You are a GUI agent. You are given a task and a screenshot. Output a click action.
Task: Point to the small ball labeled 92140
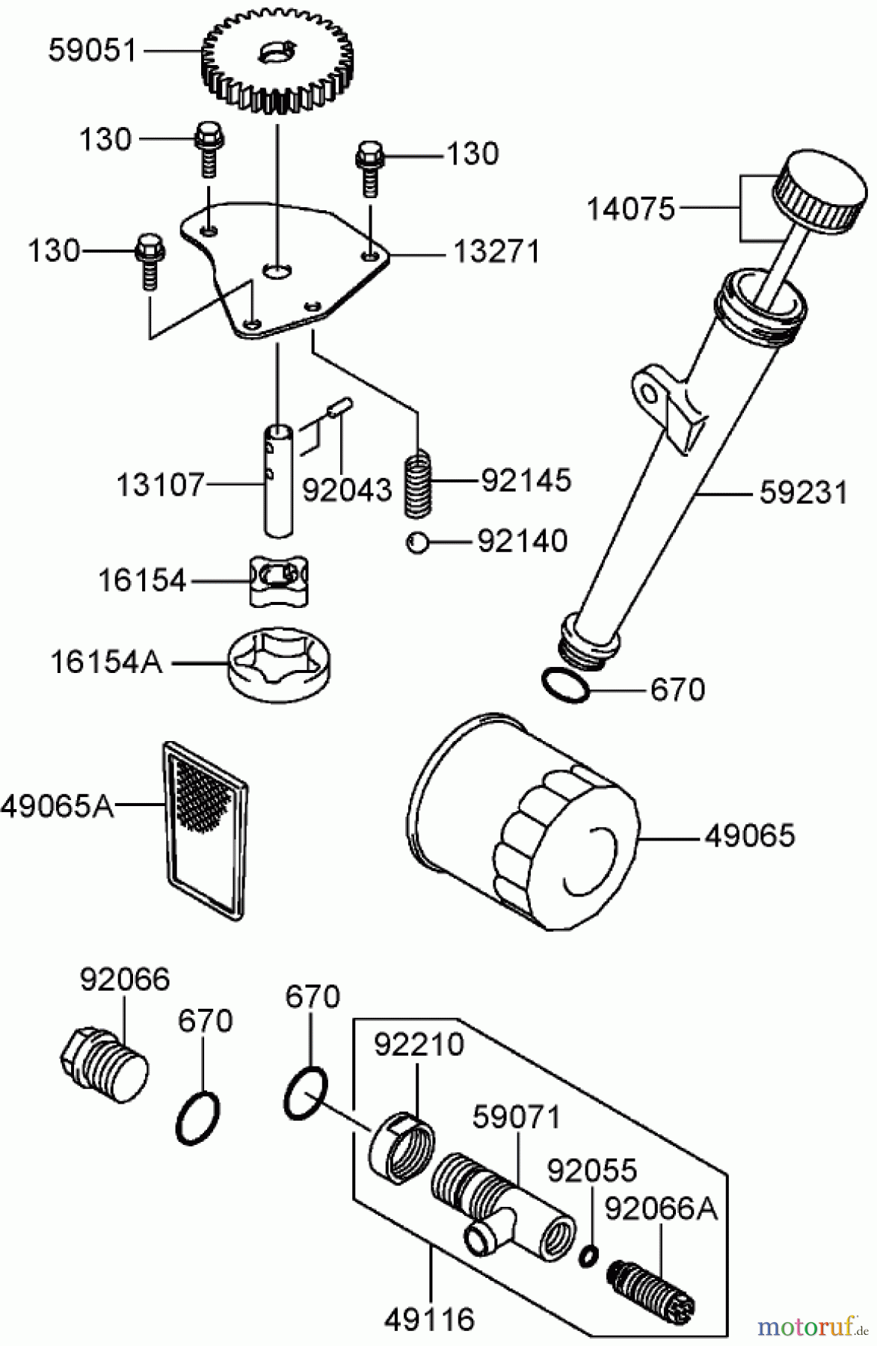coord(417,541)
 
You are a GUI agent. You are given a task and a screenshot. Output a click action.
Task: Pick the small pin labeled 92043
coord(344,408)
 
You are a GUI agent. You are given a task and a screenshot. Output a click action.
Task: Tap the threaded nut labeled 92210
coord(400,1145)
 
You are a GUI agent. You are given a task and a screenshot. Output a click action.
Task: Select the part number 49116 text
coord(430,1319)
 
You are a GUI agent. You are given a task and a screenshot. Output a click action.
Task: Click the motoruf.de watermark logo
coord(811,1327)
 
